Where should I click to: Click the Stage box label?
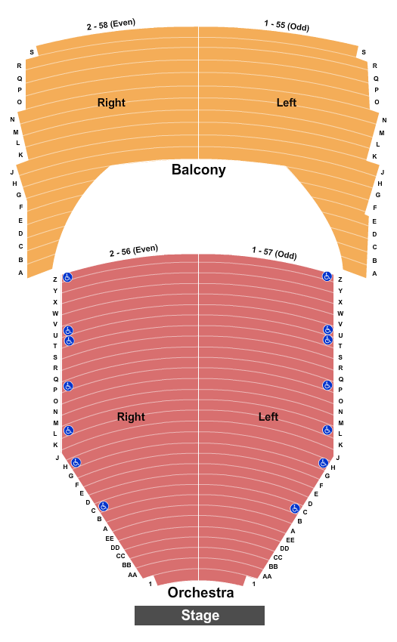tap(200, 616)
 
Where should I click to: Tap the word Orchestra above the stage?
tap(200, 592)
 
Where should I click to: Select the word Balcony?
tap(198, 169)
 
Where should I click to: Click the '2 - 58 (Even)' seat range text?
tap(110, 24)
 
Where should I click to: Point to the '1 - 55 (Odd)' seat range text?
tap(287, 26)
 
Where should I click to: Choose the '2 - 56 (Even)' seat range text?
tap(134, 251)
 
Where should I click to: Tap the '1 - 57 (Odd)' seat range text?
tap(274, 252)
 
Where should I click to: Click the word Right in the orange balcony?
tap(111, 103)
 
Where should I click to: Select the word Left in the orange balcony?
tap(287, 103)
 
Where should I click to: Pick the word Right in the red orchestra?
tap(131, 417)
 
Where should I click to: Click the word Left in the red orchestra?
tap(268, 417)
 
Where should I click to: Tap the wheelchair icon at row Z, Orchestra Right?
tap(67, 277)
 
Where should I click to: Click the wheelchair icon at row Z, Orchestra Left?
tap(327, 276)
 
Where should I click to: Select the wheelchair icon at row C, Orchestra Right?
tap(104, 506)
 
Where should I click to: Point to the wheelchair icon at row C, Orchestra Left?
tap(295, 508)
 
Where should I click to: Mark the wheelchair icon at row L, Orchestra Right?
tap(69, 431)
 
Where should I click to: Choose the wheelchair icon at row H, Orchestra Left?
tap(324, 463)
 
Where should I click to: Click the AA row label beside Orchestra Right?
tap(132, 575)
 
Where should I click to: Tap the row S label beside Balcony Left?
tap(364, 52)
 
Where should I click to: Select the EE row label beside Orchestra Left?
tap(290, 540)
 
